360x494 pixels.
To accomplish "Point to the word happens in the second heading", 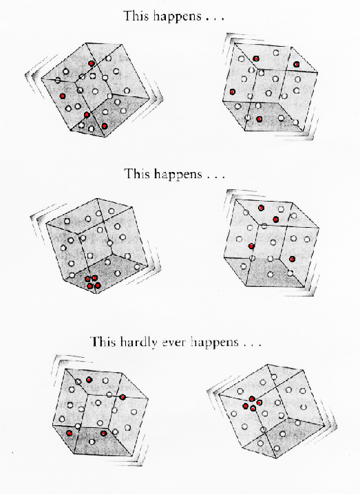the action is tap(178, 174).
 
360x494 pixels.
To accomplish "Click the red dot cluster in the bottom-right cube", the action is tap(252, 404).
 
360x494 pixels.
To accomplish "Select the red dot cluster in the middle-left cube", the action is tap(93, 282).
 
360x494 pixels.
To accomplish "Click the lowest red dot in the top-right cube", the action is tap(259, 119).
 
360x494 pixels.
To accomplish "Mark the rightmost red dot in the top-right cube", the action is tap(296, 65).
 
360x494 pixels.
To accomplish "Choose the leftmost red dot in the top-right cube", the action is tap(233, 92).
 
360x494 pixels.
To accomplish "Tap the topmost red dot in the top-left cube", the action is tap(92, 63).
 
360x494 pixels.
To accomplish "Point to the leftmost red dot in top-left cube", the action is tap(63, 96).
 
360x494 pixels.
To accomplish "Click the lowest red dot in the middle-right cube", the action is tap(293, 259).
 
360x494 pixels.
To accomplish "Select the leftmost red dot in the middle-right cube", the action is tap(251, 246).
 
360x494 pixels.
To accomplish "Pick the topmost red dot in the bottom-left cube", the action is tap(89, 380).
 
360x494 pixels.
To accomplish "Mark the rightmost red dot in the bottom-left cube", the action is tap(123, 397).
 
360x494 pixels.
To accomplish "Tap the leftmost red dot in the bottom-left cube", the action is tap(70, 433).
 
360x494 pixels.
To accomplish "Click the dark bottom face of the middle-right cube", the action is tap(271, 272).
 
